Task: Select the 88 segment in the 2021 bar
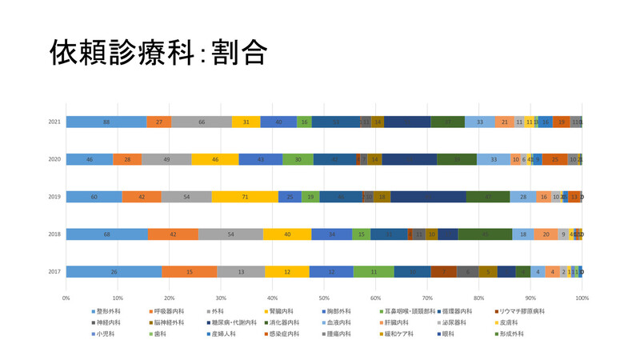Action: pyautogui.click(x=106, y=122)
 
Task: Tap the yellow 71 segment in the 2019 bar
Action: pyautogui.click(x=245, y=197)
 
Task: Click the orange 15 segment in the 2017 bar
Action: pyautogui.click(x=188, y=272)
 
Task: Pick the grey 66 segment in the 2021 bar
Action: pyautogui.click(x=202, y=122)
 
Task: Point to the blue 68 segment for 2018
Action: pyautogui.click(x=106, y=234)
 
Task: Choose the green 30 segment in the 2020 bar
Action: pyautogui.click(x=298, y=159)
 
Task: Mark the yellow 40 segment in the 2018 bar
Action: pyautogui.click(x=287, y=234)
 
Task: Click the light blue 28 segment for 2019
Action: pyautogui.click(x=523, y=197)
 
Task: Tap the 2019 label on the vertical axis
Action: pyautogui.click(x=54, y=197)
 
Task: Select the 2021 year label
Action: pyautogui.click(x=54, y=122)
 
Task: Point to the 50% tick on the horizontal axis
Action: pyautogui.click(x=324, y=297)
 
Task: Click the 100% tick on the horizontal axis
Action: pyautogui.click(x=582, y=297)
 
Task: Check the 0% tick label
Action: pyautogui.click(x=66, y=297)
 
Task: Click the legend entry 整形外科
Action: pyautogui.click(x=107, y=310)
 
